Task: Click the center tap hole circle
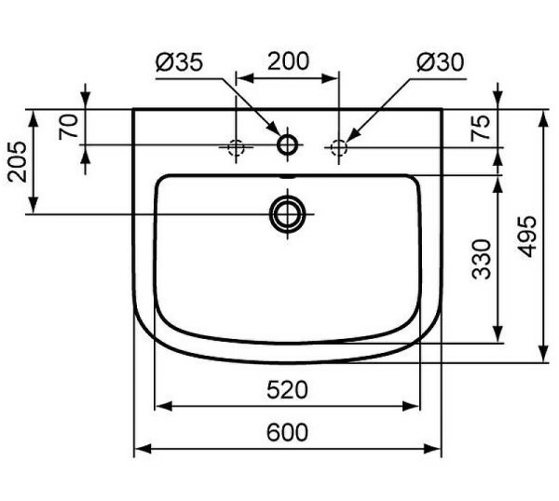[x=288, y=144]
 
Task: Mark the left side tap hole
[x=236, y=146]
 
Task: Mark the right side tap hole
[x=339, y=146]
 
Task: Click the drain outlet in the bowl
[x=288, y=213]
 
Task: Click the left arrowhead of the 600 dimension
[x=140, y=450]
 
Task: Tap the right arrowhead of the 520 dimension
[x=416, y=406]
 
